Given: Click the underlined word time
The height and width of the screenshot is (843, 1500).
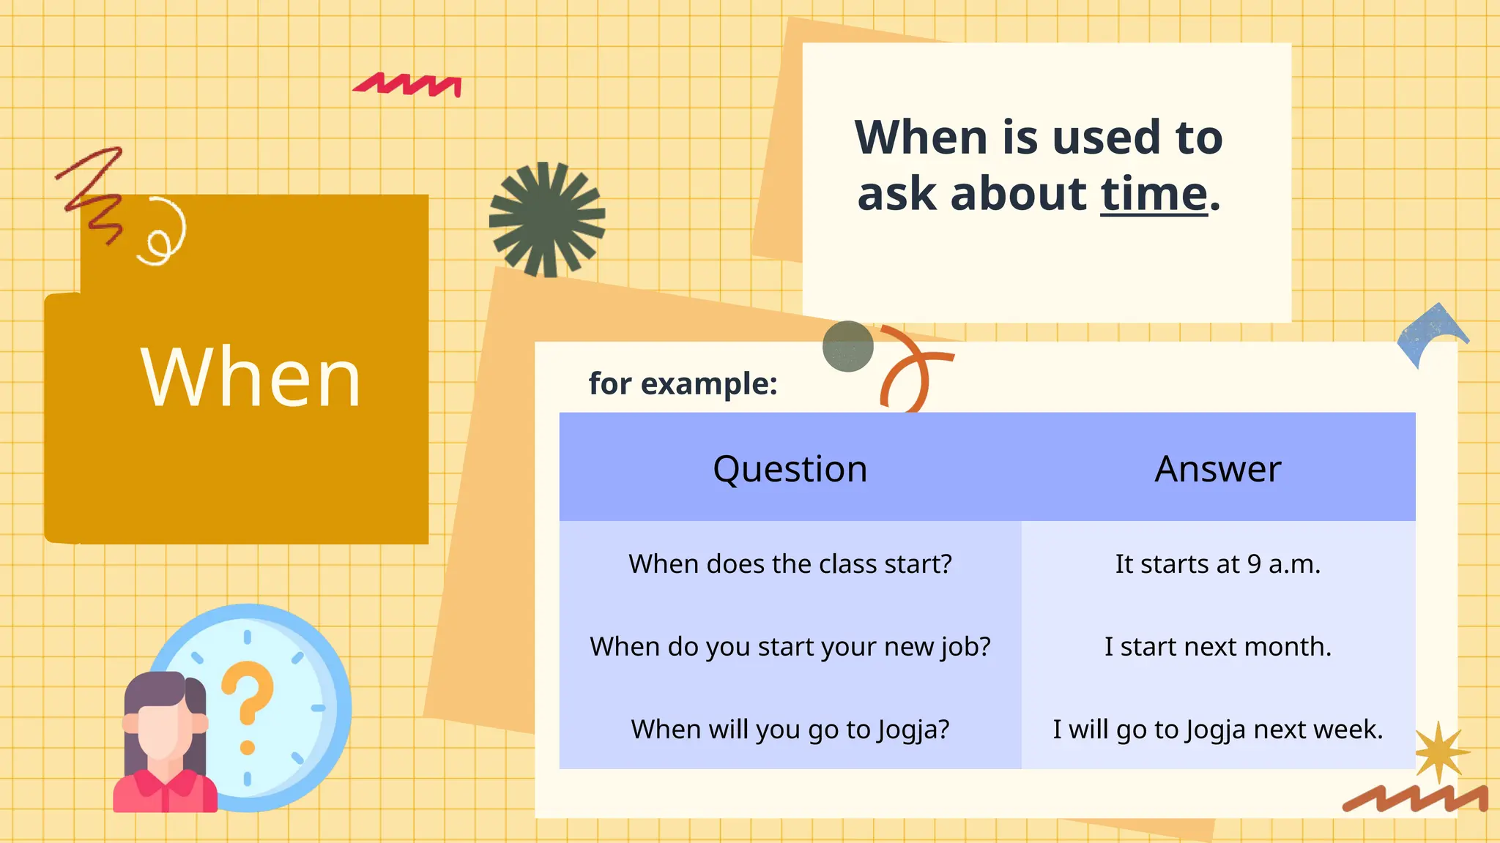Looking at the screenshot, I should click(x=1154, y=195).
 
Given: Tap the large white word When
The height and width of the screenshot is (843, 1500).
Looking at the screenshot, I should click(x=251, y=378).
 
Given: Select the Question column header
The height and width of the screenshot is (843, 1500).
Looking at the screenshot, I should click(x=790, y=468).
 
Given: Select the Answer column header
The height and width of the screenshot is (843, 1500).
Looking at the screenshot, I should click(x=1217, y=468).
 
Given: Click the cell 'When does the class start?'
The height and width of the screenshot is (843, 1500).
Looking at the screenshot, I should click(x=790, y=564).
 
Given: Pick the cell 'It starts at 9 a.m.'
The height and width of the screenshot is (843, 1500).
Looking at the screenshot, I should click(x=1217, y=564).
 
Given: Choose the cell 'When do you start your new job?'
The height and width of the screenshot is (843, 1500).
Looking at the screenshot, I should click(x=790, y=647).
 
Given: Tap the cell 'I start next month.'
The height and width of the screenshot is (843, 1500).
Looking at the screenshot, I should click(x=1217, y=647).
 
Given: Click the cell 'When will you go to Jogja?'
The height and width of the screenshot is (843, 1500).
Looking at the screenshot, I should click(x=790, y=730).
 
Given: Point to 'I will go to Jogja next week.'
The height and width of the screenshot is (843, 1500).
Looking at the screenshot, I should click(x=1217, y=730).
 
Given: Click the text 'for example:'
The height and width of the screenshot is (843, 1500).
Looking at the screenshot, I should click(x=683, y=383).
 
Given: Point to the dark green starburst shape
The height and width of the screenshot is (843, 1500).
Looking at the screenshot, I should click(x=546, y=219).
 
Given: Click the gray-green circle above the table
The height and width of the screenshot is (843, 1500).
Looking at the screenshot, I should click(x=847, y=346).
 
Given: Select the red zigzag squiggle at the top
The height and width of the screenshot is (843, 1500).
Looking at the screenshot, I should click(x=409, y=85).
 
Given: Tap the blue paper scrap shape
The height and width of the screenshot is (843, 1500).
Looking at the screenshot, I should click(x=1430, y=333).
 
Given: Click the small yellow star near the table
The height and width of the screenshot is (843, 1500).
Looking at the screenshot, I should click(x=1439, y=752).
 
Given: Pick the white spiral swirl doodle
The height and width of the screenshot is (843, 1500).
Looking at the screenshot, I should click(x=163, y=233).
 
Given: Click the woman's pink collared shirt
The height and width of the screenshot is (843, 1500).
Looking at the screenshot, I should click(x=165, y=793).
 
